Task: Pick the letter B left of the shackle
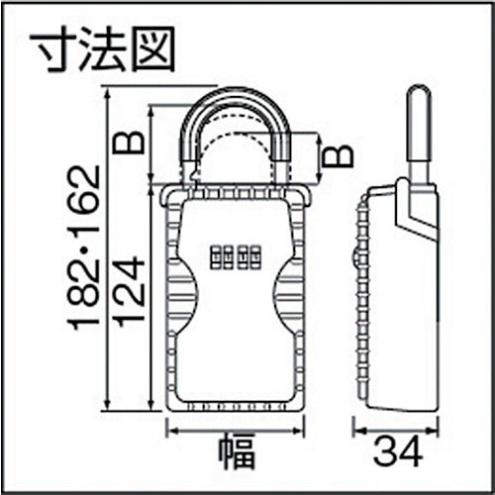[130, 141]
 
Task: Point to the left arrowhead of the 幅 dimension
[168, 428]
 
